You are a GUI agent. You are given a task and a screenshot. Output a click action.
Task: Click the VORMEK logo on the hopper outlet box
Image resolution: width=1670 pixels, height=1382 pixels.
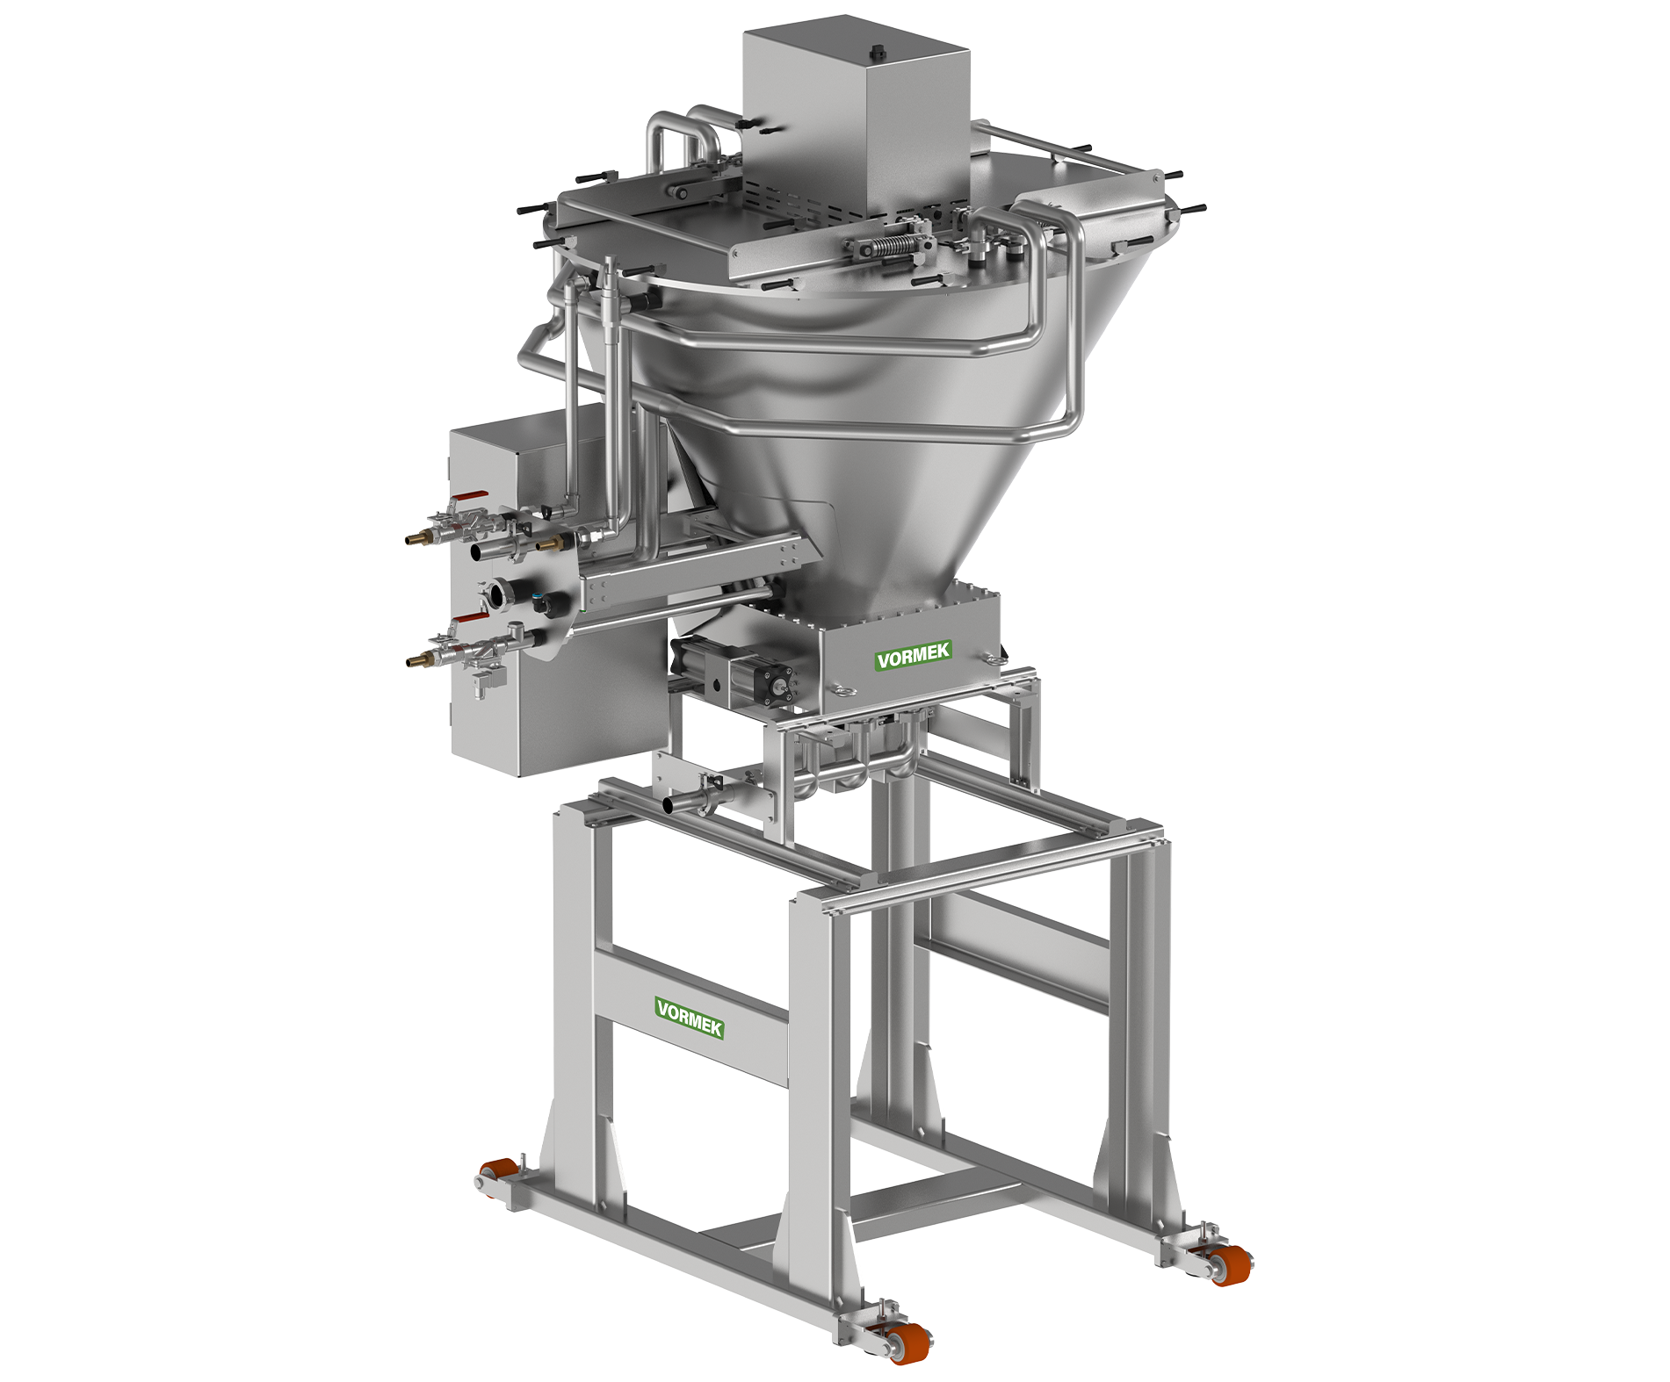914,654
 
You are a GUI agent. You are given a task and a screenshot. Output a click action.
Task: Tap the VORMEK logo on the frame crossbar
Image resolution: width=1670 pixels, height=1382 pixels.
690,1018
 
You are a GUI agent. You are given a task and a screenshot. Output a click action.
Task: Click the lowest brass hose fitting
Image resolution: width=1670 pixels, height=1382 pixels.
419,659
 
